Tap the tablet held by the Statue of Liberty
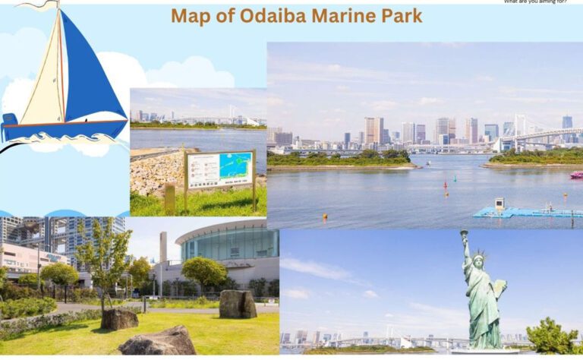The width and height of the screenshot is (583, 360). pyautogui.click(x=498, y=288)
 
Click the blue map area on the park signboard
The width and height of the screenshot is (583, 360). pyautogui.click(x=235, y=166)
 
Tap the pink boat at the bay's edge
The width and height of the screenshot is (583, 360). pyautogui.click(x=576, y=175)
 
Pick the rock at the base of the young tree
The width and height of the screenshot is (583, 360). pyautogui.click(x=119, y=319)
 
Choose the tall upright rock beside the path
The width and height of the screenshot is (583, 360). pyautogui.click(x=237, y=304)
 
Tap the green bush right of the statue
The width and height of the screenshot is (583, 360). pyautogui.click(x=553, y=336)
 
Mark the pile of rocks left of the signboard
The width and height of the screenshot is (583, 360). pyautogui.click(x=156, y=173)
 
